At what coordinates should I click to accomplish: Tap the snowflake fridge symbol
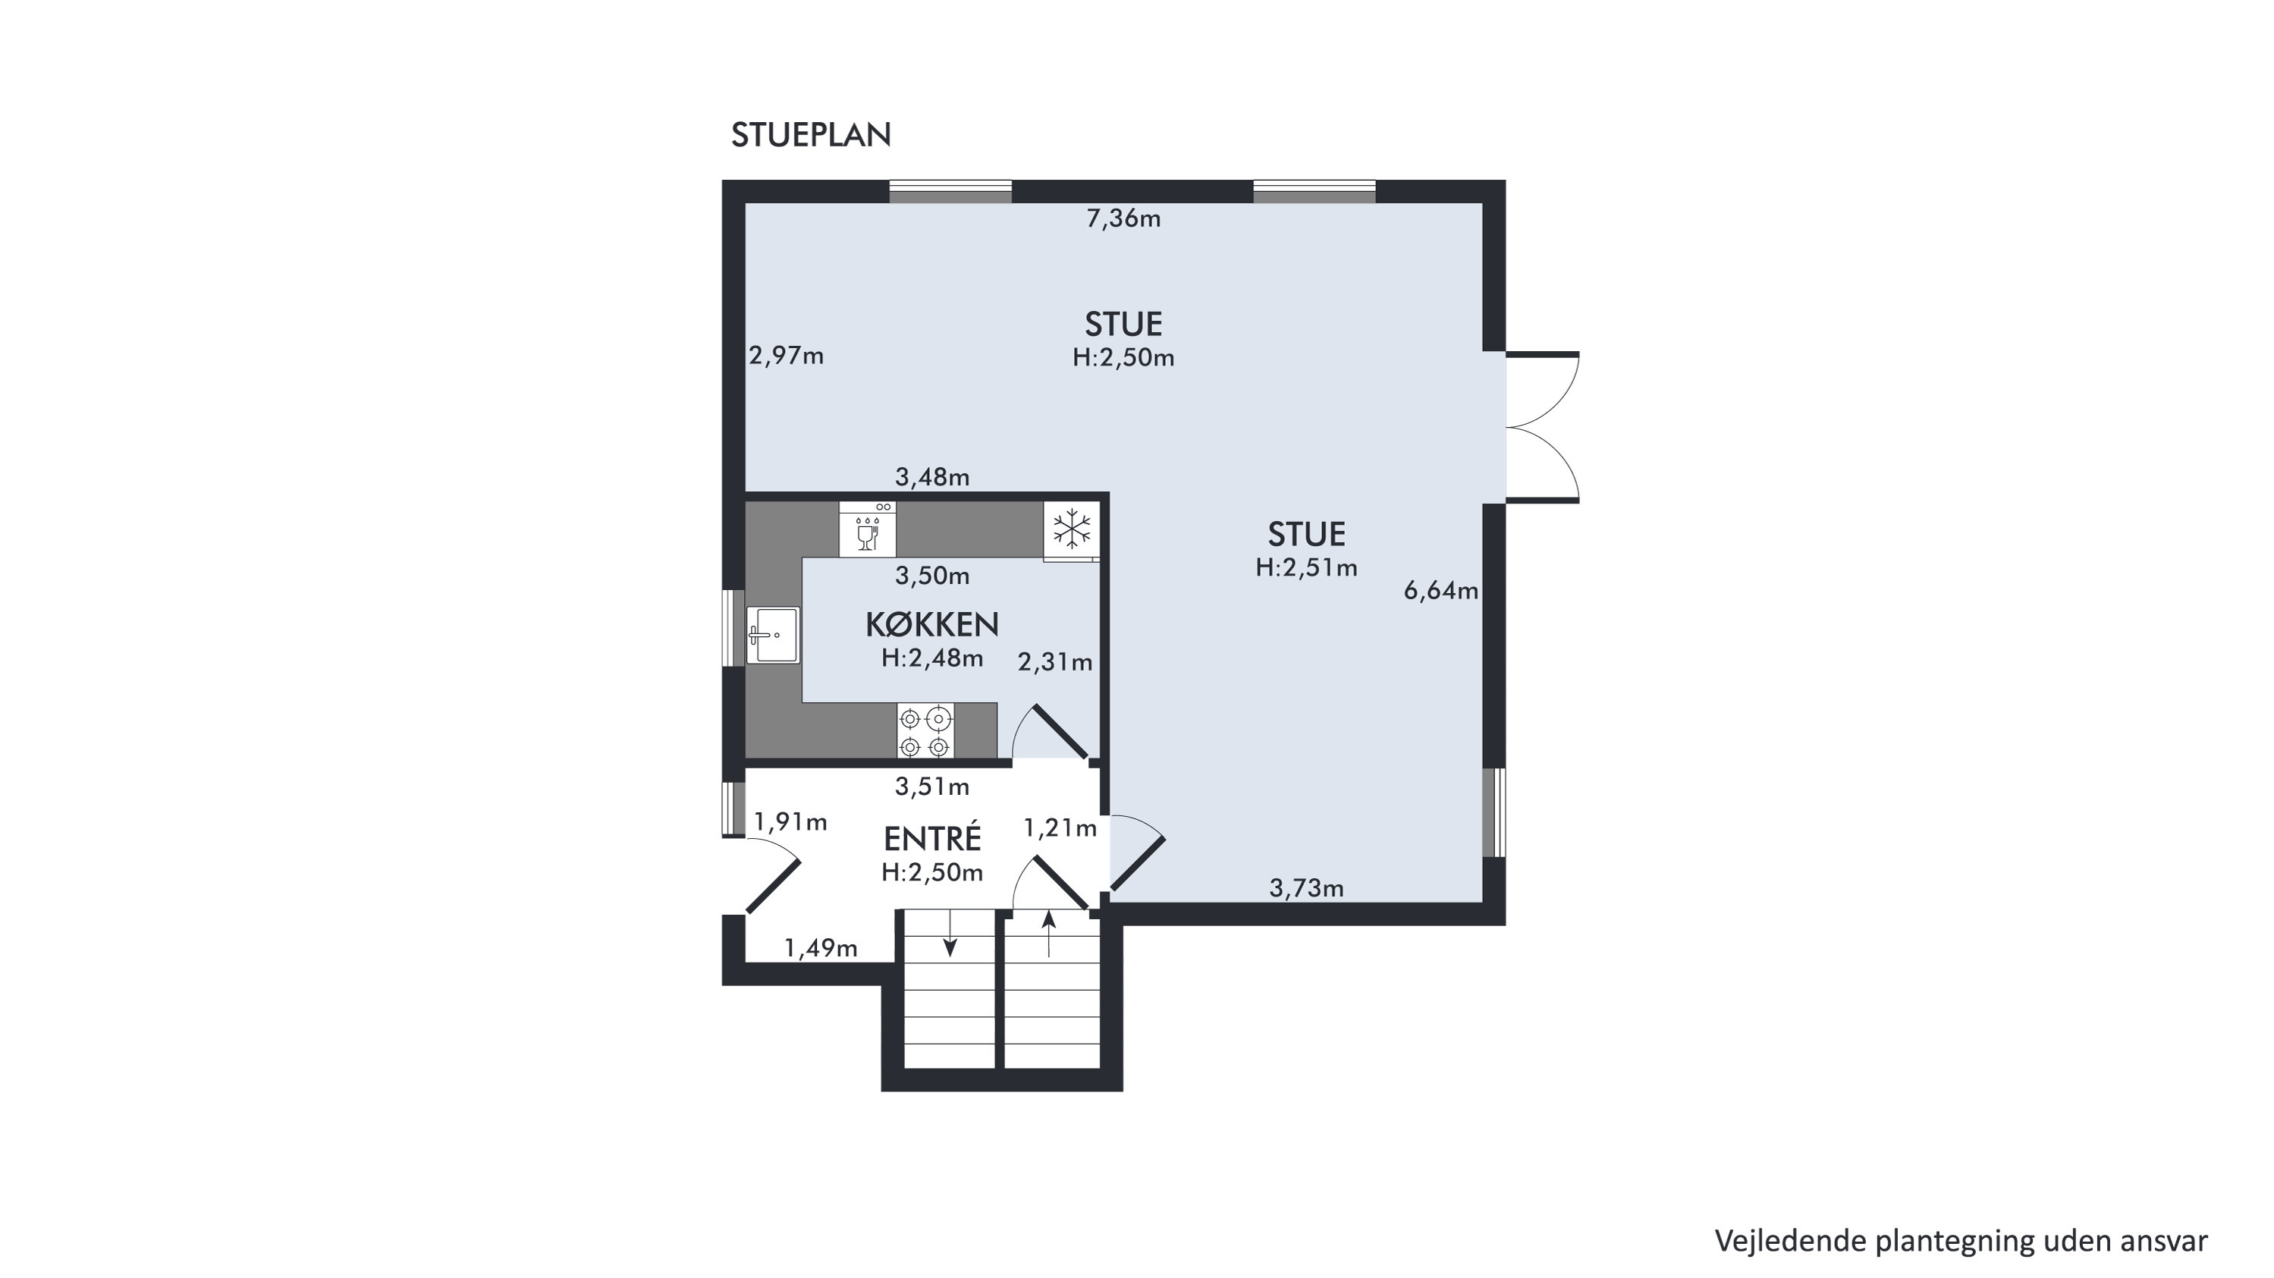coord(1072,530)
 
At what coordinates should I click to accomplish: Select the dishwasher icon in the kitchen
coord(868,529)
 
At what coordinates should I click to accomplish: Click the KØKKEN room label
coord(932,625)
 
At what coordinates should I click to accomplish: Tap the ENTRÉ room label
coord(932,837)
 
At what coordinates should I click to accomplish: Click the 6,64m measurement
coord(1440,590)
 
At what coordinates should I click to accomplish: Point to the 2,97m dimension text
coord(786,356)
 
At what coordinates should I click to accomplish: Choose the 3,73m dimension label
coord(1306,888)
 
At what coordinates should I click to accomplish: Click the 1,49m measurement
coord(821,948)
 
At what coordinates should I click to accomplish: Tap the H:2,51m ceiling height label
coord(1306,568)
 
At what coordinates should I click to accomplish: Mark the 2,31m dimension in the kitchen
coord(1055,662)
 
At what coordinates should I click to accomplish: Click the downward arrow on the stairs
coord(950,934)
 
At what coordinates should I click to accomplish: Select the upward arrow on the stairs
coord(1049,934)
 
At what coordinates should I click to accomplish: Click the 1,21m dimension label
coord(1060,828)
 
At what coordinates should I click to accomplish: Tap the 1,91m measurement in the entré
coord(790,823)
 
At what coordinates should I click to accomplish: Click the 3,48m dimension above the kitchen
coord(932,478)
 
